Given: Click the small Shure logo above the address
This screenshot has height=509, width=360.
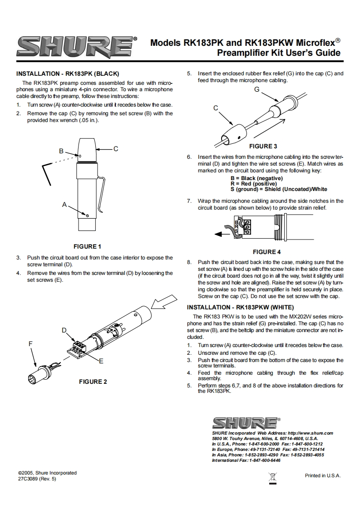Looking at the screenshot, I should pos(246,423).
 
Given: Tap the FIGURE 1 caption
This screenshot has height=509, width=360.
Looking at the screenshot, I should pos(87,247).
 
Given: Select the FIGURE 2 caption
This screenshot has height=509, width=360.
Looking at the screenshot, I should pos(93,382).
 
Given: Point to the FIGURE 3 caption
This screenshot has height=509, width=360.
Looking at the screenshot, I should pos(263,146).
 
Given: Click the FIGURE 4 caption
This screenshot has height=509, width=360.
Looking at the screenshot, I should pos(266,252).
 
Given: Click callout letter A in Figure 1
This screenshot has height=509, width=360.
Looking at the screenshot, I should pos(64,205).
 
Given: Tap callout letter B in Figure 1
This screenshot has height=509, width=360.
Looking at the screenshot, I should pos(61,151).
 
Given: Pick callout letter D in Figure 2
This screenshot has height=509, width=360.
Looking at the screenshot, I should pos(64,330).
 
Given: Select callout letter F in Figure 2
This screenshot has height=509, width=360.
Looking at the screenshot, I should pos(30,344).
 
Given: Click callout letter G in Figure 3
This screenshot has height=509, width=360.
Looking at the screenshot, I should pos(256,89).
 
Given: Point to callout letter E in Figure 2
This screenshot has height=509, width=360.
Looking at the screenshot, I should pos(101,361).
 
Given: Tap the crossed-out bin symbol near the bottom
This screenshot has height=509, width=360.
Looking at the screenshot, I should pos(273,477).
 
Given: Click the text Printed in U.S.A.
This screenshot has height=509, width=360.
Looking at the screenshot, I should pos(323,475).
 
